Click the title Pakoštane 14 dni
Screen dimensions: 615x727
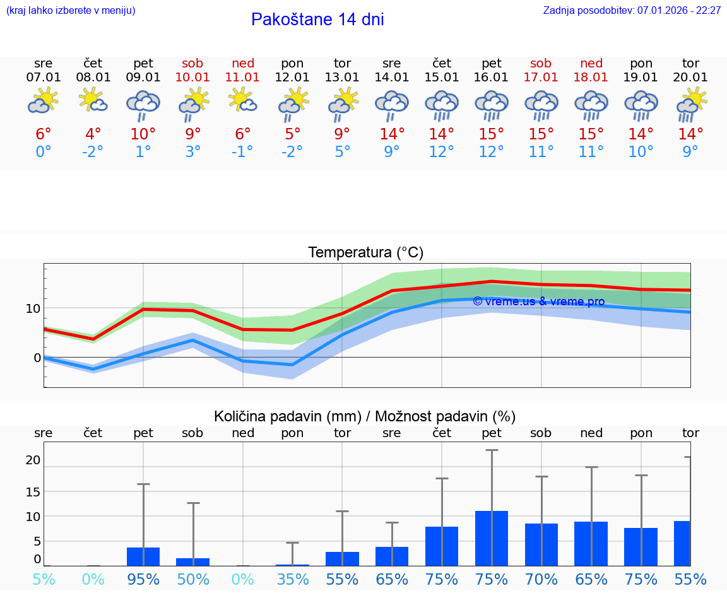(x=317, y=20)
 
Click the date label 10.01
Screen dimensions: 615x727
(x=193, y=77)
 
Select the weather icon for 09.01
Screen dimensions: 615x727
(x=143, y=105)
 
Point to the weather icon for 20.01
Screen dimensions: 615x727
(x=691, y=105)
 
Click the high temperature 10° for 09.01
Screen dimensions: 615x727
(x=143, y=134)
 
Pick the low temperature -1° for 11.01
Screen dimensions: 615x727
(x=243, y=152)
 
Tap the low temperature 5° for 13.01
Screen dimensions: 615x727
(x=342, y=152)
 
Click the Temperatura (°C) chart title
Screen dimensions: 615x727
(x=365, y=253)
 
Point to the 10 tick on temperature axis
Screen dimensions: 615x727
(x=33, y=308)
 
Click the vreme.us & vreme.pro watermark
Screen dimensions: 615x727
(x=539, y=302)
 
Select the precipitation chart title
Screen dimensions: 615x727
(x=365, y=416)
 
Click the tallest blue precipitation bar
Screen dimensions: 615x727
(x=492, y=538)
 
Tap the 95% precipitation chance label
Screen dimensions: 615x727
(x=143, y=579)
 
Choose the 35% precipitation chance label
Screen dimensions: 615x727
(x=293, y=579)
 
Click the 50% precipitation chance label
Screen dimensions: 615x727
(x=193, y=579)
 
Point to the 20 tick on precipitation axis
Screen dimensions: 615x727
(x=33, y=460)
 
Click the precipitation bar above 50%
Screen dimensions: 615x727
(x=193, y=562)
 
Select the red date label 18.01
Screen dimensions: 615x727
(x=591, y=77)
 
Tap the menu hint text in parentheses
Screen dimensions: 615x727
(x=71, y=11)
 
